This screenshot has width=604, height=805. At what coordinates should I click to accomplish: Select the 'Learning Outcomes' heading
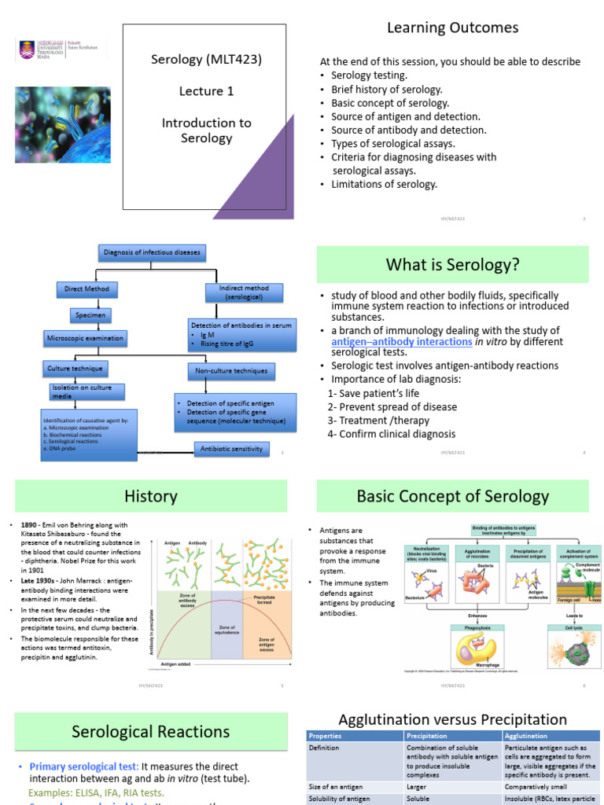(452, 28)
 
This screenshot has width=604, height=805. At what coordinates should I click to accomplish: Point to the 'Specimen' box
(90, 314)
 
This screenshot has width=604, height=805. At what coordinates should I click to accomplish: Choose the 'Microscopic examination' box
(85, 339)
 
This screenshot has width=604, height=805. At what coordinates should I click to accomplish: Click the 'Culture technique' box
(74, 368)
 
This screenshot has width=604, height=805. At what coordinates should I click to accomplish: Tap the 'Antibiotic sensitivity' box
(231, 449)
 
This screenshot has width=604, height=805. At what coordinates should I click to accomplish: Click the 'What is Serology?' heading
(452, 265)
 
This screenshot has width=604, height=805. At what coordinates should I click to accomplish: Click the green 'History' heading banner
(151, 497)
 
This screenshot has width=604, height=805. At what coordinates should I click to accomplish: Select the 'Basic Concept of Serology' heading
(452, 497)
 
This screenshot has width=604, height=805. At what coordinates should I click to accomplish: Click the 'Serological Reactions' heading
(151, 732)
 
